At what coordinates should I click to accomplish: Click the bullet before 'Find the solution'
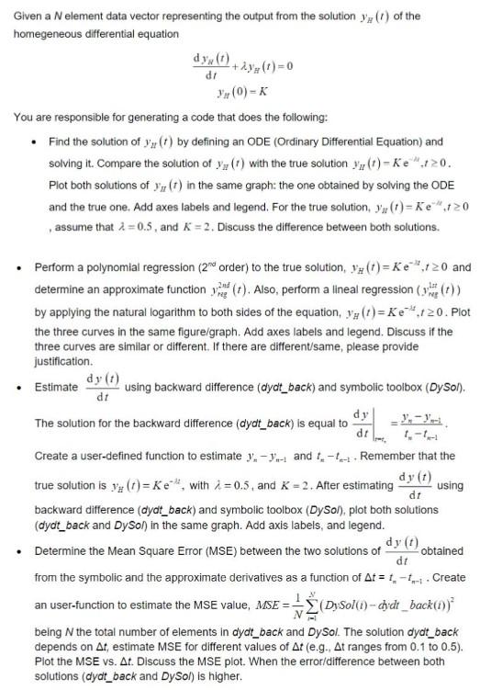coord(33,141)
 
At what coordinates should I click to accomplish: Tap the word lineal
coord(328,286)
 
